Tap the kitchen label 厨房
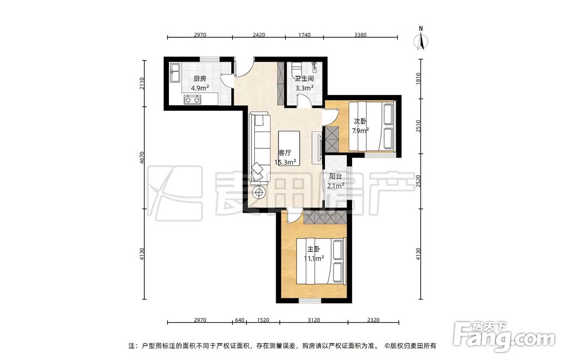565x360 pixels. tap(199, 79)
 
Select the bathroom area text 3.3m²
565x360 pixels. tap(305, 88)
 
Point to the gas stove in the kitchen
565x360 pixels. tap(193, 99)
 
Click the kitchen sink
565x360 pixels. tap(175, 73)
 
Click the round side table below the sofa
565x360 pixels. tap(259, 193)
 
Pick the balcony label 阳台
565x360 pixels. tap(336, 176)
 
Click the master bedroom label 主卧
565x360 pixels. tap(314, 249)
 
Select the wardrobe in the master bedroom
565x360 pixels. tap(325, 217)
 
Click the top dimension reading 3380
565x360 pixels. tap(360, 35)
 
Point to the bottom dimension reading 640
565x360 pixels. tap(240, 320)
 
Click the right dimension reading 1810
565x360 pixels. tap(418, 79)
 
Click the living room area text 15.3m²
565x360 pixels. tap(285, 162)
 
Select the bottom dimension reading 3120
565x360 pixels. tap(314, 320)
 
